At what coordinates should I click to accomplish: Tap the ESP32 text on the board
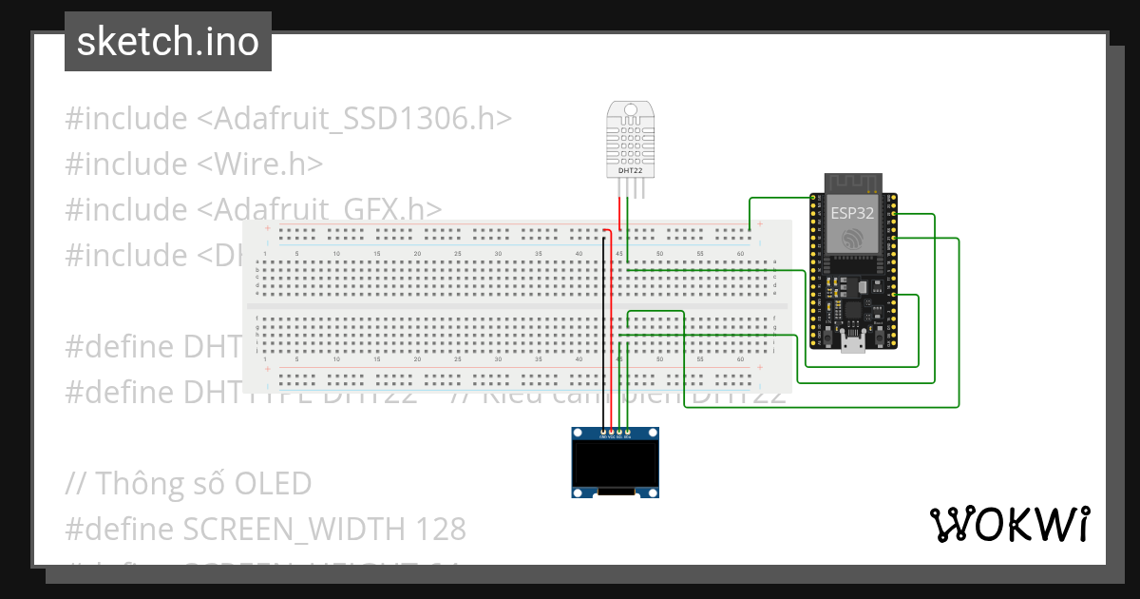click(851, 213)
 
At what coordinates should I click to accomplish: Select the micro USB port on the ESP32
click(852, 343)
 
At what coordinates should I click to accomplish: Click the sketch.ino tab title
click(168, 42)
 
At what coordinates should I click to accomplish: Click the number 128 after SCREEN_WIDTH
click(439, 528)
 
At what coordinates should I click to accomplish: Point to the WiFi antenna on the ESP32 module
click(851, 183)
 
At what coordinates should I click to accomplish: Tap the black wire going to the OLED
click(604, 333)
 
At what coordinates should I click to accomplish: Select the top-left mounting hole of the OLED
click(576, 434)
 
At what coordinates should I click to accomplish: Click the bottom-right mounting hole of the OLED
click(655, 492)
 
